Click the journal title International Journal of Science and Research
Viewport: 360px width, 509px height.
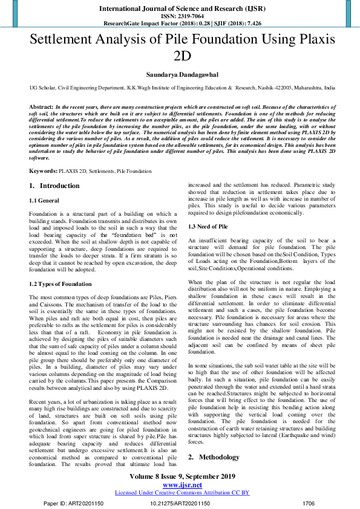180,9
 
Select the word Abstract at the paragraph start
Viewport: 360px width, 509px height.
41,106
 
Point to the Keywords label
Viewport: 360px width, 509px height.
42,172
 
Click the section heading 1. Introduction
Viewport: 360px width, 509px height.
54,186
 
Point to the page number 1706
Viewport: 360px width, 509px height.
309,503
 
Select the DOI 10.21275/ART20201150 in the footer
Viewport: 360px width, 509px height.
180,503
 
